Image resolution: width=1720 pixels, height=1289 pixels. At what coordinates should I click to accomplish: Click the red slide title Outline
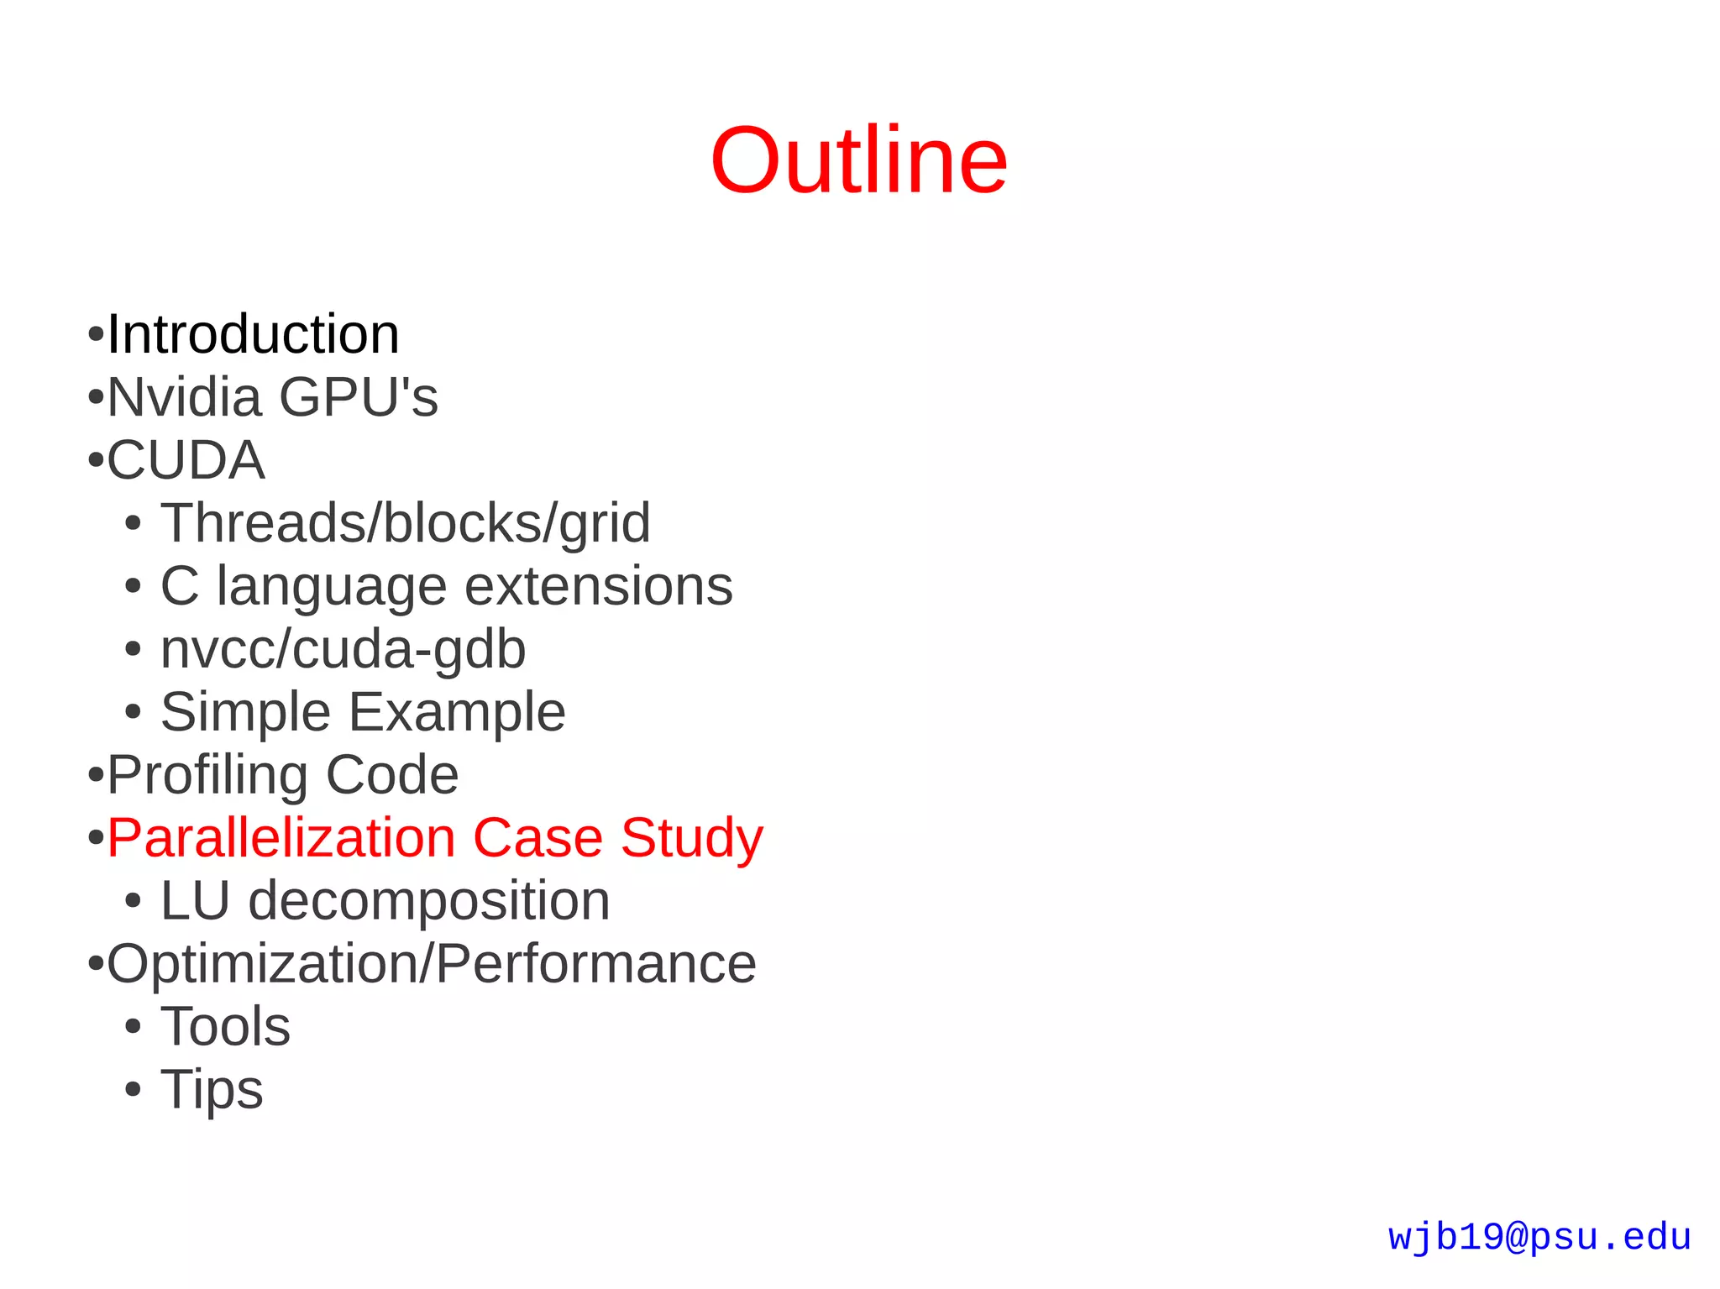click(x=858, y=160)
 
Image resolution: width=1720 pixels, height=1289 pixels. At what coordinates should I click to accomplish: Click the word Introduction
click(x=253, y=334)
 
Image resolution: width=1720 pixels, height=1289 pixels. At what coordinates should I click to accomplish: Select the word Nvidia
click(x=184, y=396)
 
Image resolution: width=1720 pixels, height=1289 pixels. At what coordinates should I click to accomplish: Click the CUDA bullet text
click(x=186, y=460)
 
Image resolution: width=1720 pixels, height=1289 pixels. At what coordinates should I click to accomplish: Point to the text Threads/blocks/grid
click(x=405, y=522)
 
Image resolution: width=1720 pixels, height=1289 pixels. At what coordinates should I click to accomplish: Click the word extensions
click(x=598, y=585)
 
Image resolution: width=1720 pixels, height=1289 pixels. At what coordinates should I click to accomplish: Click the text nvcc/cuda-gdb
click(x=343, y=649)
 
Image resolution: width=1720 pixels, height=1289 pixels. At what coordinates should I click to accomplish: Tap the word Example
click(x=457, y=712)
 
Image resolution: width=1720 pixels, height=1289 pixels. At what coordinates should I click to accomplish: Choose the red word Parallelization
click(x=281, y=838)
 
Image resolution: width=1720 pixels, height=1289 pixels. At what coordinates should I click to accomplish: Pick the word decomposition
click(x=428, y=902)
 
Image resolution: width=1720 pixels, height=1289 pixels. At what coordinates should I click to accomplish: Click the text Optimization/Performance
click(x=432, y=964)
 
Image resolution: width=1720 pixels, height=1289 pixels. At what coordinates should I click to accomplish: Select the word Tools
click(x=225, y=1026)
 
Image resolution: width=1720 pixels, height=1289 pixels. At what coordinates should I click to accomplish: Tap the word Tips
click(x=212, y=1090)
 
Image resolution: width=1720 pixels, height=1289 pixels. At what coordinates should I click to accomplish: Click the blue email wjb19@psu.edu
click(x=1539, y=1238)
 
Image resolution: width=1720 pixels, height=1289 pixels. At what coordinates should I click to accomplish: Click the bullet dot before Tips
click(x=133, y=1090)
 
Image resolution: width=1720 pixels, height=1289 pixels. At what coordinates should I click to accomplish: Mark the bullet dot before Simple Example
click(x=133, y=713)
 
